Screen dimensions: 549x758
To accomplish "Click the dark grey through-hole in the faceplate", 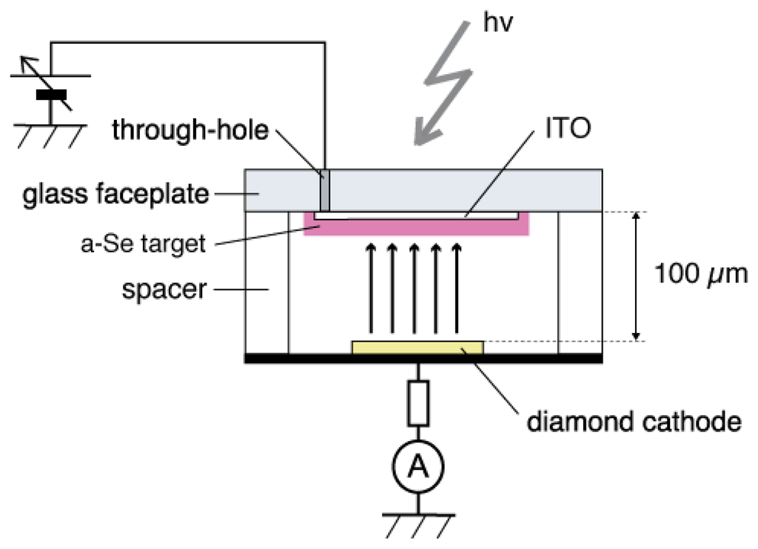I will pos(324,191).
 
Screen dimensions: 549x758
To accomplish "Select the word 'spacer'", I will pos(164,289).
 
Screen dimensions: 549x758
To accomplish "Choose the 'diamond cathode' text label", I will pos(633,422).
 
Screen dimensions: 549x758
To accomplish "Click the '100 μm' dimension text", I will pos(700,274).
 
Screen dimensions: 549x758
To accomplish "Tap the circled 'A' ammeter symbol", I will pos(418,467).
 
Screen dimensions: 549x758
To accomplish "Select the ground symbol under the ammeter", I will pos(418,521).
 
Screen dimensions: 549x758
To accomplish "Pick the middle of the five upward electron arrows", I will pos(414,289).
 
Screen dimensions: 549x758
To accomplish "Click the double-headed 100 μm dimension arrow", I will pos(634,276).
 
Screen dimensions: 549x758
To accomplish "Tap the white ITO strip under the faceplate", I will pos(415,216).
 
